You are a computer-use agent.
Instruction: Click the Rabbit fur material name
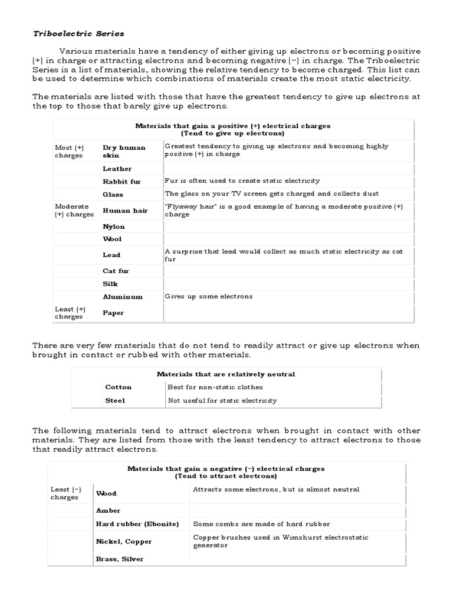tap(122, 182)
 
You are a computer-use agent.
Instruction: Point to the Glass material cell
tap(113, 194)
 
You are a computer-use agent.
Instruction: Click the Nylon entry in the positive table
tap(114, 226)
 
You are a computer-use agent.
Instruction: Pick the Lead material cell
tap(111, 255)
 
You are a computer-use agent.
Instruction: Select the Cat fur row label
tap(116, 271)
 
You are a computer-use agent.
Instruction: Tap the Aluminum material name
tap(123, 297)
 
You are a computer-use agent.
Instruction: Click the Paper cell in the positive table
tap(113, 313)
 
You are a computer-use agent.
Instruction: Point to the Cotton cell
tap(118, 387)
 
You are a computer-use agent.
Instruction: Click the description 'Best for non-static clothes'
tap(215, 387)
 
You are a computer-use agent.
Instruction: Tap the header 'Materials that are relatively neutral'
tap(226, 374)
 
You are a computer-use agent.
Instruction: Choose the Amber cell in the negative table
tap(108, 510)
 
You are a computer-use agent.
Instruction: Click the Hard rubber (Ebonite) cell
tap(137, 524)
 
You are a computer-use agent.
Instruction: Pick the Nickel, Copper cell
tap(124, 541)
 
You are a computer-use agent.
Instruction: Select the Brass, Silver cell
tap(120, 559)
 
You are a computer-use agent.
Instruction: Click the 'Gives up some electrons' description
tap(209, 297)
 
